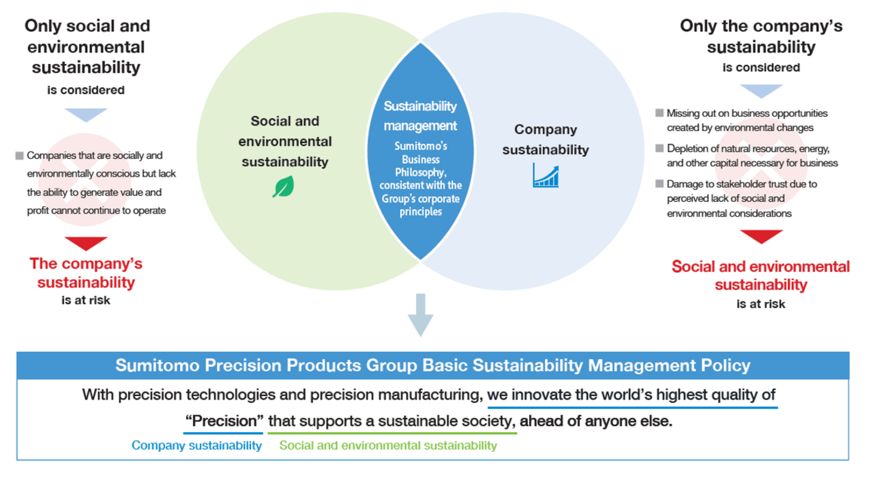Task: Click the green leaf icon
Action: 283,187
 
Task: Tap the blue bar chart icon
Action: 546,175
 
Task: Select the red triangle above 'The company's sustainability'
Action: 86,243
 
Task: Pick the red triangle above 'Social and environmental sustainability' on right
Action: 761,236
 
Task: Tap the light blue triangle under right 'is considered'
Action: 761,91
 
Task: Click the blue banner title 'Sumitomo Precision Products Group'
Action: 433,366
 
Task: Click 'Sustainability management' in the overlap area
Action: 420,116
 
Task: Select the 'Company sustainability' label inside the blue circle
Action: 546,139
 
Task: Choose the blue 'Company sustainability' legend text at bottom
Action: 196,445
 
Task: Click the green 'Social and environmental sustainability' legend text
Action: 388,445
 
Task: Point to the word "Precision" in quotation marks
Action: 224,421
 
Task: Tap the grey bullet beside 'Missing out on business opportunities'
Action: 659,113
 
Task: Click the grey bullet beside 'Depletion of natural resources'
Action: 659,148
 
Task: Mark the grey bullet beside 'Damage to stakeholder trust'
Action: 659,184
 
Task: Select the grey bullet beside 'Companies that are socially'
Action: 19,156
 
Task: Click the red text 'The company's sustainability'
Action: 86,272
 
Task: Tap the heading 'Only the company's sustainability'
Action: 761,36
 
